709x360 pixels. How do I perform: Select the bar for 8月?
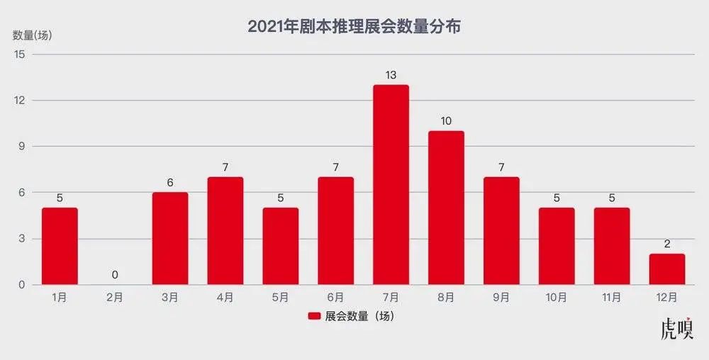coord(446,208)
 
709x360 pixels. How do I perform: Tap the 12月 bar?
coord(667,269)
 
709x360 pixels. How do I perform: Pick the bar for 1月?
coord(60,246)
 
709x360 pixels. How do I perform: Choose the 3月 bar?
coord(170,238)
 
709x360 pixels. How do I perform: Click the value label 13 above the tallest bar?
coord(391,74)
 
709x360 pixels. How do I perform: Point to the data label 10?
coord(446,120)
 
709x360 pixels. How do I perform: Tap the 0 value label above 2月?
coord(115,275)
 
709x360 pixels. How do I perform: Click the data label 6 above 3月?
coord(170,182)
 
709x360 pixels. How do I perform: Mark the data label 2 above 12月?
coord(667,244)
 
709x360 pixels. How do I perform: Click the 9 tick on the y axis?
coord(21,146)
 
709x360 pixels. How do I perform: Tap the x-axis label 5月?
coord(280,298)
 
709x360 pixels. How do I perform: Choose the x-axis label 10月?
coord(557,298)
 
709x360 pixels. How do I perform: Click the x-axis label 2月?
coord(115,298)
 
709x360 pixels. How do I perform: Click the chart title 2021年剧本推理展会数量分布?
coord(354,27)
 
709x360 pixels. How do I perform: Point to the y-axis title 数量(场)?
coord(33,35)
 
